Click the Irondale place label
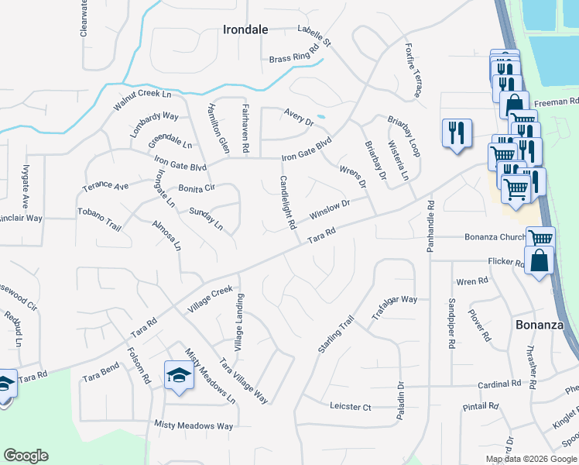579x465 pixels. (x=245, y=29)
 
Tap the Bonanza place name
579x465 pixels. (x=539, y=325)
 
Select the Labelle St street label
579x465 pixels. (x=313, y=35)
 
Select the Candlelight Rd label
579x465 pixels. (x=286, y=203)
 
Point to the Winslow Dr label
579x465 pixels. (x=331, y=210)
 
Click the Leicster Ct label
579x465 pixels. (x=351, y=407)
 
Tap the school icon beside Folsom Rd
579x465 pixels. (x=179, y=376)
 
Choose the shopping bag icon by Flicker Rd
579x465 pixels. (x=540, y=260)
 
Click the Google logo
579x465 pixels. (x=26, y=456)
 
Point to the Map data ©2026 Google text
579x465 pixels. (x=530, y=458)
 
